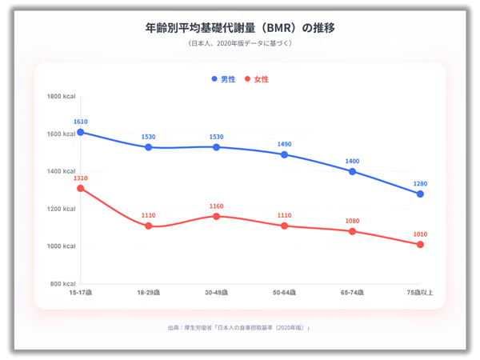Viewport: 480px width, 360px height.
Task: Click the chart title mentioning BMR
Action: tap(240, 27)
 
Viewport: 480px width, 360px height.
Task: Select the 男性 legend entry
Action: tap(223, 79)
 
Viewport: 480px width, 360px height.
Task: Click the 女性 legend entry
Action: tap(257, 79)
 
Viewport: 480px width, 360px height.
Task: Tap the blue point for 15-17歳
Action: tap(81, 132)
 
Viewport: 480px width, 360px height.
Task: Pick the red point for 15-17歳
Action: tap(81, 188)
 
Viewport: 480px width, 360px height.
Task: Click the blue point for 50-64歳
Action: tap(284, 154)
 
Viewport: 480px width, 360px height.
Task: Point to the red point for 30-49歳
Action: tap(217, 216)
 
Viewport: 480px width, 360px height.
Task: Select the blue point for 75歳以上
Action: tap(420, 194)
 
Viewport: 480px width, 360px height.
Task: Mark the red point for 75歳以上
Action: tap(420, 244)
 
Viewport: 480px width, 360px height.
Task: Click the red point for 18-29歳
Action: tap(149, 226)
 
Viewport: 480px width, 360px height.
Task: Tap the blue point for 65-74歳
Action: tap(352, 171)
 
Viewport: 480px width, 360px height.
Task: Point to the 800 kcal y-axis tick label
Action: tap(62, 284)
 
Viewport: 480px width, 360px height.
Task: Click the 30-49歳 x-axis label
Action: tap(217, 294)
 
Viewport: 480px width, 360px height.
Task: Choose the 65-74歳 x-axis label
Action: tap(352, 294)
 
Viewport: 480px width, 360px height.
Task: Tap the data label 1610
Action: tap(80, 122)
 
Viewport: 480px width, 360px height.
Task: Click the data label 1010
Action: tap(420, 234)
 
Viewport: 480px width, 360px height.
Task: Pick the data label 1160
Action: tap(217, 206)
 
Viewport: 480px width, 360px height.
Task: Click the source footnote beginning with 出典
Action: tap(240, 328)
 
